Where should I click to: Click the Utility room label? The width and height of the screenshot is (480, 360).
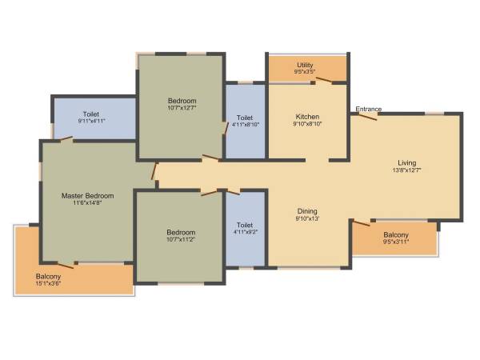305,65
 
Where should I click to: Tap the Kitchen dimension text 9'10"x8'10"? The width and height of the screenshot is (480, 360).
307,124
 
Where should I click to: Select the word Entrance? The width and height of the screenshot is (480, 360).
369,109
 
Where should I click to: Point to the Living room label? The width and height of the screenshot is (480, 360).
406,163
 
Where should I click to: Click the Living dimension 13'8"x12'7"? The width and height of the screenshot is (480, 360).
406,170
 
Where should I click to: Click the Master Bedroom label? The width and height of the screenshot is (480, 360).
88,195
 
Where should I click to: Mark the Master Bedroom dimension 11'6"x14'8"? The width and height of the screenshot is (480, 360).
88,203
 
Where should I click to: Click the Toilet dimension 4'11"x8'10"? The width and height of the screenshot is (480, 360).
245,124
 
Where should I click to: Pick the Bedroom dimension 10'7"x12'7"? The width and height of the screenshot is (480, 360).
182,108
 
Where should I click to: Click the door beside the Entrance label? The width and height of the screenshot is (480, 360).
366,116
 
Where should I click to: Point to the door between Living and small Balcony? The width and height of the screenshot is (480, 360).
361,222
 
